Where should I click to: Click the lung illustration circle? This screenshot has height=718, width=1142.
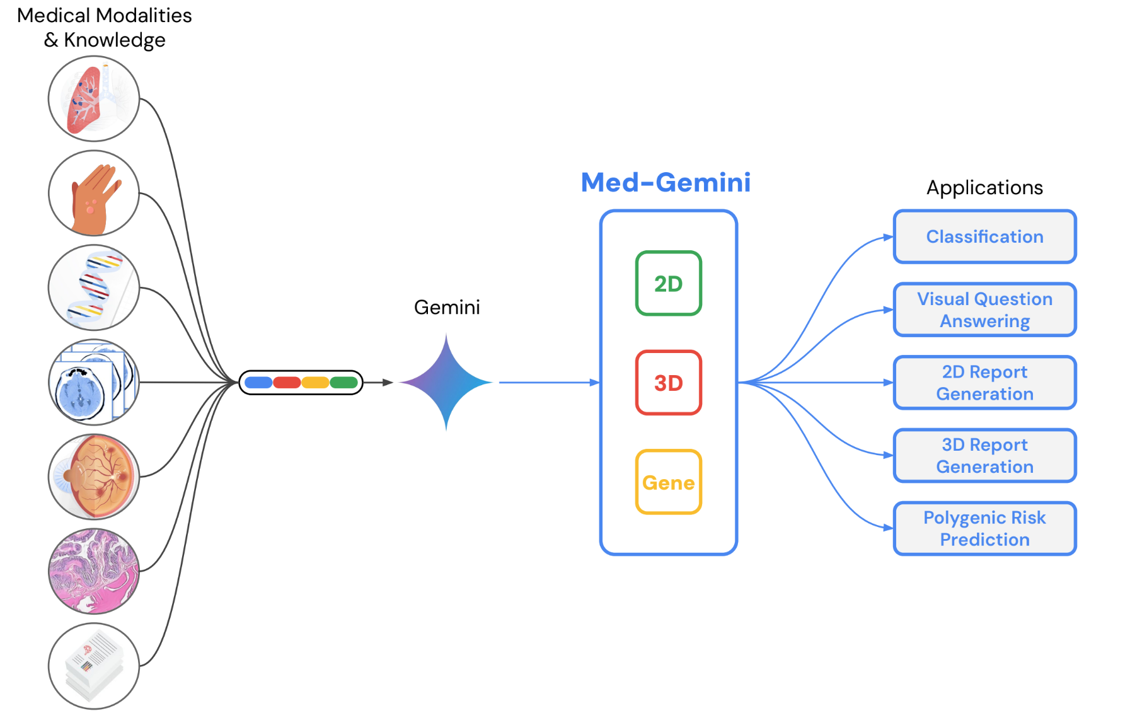[94, 99]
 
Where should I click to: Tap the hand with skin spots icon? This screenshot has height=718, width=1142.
[94, 194]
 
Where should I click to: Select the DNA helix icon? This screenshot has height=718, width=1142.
[94, 287]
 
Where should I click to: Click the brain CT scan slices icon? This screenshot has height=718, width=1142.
[94, 382]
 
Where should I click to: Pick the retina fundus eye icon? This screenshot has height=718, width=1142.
[94, 477]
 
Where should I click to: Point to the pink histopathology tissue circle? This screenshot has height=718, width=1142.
[94, 571]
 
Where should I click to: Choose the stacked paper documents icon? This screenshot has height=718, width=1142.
[94, 666]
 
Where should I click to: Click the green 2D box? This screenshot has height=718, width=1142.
[668, 284]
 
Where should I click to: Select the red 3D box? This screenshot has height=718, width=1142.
[668, 383]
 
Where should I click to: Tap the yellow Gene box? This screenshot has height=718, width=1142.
[668, 482]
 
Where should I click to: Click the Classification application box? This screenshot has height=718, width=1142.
[984, 237]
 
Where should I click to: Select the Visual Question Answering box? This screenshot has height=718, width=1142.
[984, 310]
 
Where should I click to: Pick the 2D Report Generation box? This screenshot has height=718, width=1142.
[984, 383]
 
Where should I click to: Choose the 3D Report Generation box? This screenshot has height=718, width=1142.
[984, 456]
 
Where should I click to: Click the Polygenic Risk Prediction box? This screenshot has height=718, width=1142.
[984, 528]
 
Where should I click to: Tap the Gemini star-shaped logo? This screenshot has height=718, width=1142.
[446, 382]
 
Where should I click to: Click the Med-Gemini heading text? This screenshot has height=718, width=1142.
[666, 183]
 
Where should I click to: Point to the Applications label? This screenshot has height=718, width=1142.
[984, 188]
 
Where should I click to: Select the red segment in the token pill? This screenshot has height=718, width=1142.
[287, 383]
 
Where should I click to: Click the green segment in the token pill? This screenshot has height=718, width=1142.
[343, 383]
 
